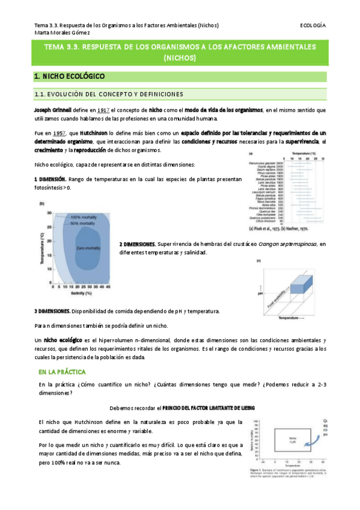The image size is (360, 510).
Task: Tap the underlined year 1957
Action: coord(58,132)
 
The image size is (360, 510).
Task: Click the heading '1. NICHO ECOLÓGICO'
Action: coord(69,76)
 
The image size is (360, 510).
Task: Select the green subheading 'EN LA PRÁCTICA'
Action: coord(62,372)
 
